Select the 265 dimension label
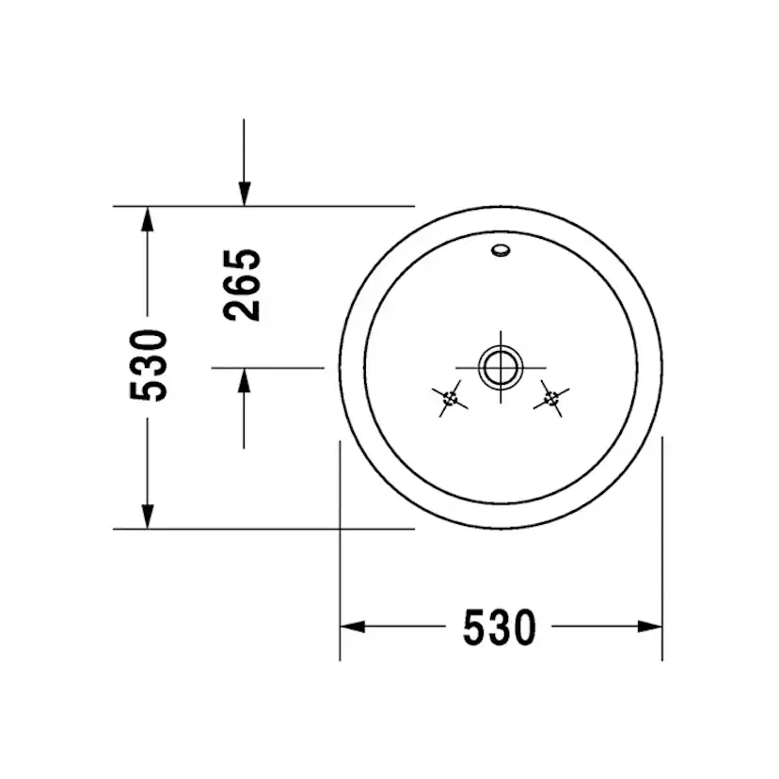tap(244, 284)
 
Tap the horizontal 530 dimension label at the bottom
tap(499, 628)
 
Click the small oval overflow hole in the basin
tap(501, 251)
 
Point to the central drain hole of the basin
tap(500, 366)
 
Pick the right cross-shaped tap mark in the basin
tap(551, 399)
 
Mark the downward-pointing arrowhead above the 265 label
tap(244, 194)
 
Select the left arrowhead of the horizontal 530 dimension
tap(352, 626)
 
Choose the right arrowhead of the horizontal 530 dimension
tap(650, 626)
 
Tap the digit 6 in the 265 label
tap(244, 284)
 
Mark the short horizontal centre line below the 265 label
tap(267, 367)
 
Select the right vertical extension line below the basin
tap(662, 546)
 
